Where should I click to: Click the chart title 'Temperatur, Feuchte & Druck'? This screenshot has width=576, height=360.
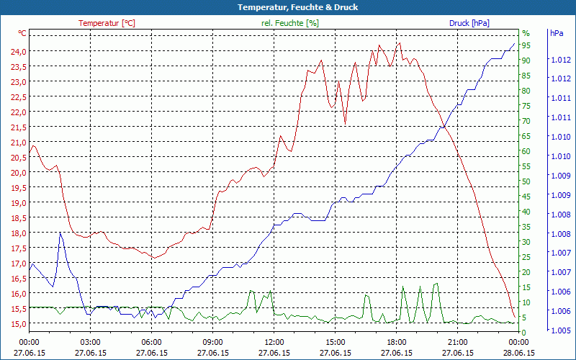pos(287,7)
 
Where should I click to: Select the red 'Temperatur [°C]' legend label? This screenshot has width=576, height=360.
pos(107,23)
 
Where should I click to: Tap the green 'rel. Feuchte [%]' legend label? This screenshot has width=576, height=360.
pos(290,23)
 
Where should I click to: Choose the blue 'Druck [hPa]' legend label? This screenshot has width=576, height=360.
pos(469,23)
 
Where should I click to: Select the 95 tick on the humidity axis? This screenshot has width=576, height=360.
pos(526,45)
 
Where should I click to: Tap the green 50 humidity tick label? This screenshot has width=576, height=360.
pos(526,181)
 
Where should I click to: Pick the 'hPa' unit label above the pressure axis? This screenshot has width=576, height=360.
pos(556,33)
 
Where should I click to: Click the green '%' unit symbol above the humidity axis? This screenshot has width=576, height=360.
pos(526,33)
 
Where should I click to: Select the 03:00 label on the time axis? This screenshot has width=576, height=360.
pos(90,342)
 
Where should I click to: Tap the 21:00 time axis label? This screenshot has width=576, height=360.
pos(458,342)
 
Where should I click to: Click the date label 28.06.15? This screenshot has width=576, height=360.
pos(519,353)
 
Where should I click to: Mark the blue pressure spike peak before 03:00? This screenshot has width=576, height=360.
pos(60,233)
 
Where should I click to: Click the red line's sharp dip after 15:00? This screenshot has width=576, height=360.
pos(345,124)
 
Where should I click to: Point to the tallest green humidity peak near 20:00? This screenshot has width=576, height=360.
pos(436,284)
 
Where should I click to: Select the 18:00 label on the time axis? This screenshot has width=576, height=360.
pos(397,342)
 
